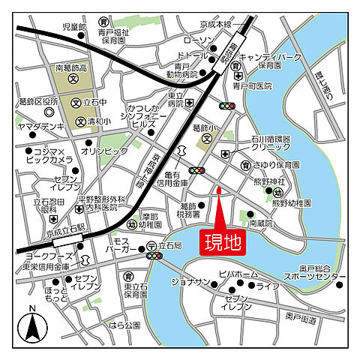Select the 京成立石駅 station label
(x=46, y=235)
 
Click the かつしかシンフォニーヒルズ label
(x=145, y=118)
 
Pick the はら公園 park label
(x=124, y=325)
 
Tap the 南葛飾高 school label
(x=73, y=67)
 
